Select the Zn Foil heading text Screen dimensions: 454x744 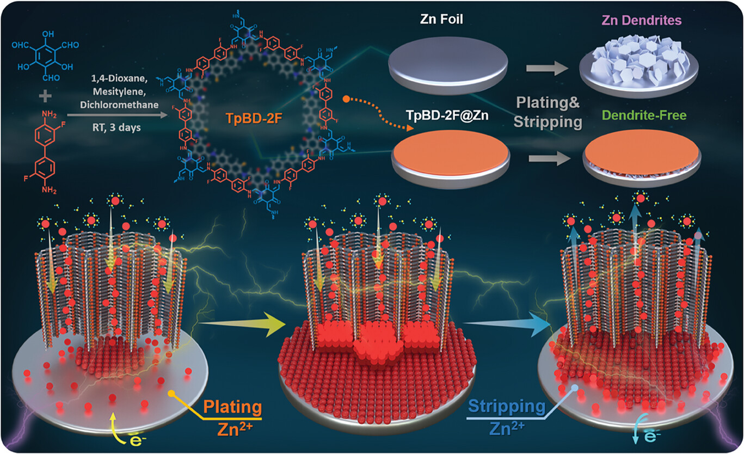450,20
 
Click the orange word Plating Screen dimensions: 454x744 232,407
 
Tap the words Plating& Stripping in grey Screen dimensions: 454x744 549,112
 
